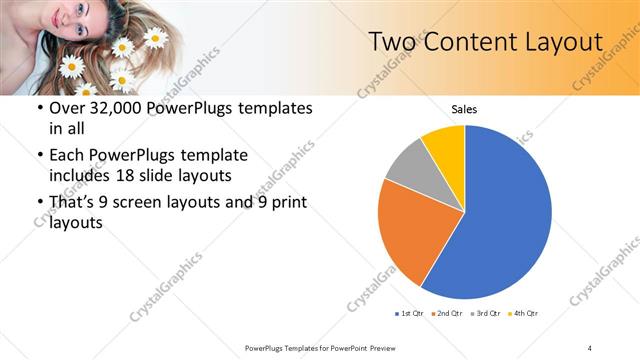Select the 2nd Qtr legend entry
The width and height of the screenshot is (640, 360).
click(445, 314)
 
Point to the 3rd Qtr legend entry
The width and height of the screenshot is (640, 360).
click(485, 314)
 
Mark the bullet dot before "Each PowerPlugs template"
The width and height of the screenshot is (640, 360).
click(39, 156)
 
